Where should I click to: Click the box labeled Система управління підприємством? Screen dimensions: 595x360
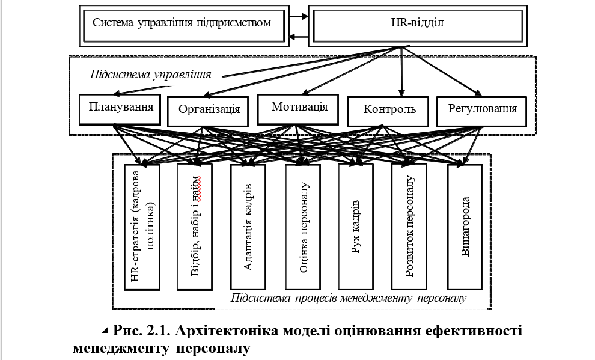point(184,26)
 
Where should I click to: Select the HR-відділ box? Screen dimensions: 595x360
point(418,26)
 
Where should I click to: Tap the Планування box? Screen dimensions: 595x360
point(120,109)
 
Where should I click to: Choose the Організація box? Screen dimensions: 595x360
point(208,112)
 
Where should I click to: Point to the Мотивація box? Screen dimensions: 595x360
point(298,109)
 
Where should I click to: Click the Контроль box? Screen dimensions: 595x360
point(388,112)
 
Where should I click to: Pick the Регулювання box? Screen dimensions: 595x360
point(481,112)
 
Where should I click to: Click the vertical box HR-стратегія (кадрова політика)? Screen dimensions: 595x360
point(142,227)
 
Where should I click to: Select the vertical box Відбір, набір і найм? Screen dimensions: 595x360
point(195,227)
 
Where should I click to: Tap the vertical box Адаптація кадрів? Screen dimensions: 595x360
point(248,227)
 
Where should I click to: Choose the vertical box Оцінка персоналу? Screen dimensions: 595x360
point(303,227)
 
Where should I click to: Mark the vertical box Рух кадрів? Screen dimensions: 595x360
point(356,227)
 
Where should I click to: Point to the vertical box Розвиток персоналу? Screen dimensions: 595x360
point(409,227)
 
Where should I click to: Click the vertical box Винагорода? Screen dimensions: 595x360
point(465,227)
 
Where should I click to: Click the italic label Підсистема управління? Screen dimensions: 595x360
point(151,75)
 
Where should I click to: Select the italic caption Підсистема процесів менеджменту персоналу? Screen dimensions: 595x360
point(349,298)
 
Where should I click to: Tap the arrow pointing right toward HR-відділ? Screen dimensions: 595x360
point(299,16)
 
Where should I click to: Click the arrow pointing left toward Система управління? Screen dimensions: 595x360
point(299,37)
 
